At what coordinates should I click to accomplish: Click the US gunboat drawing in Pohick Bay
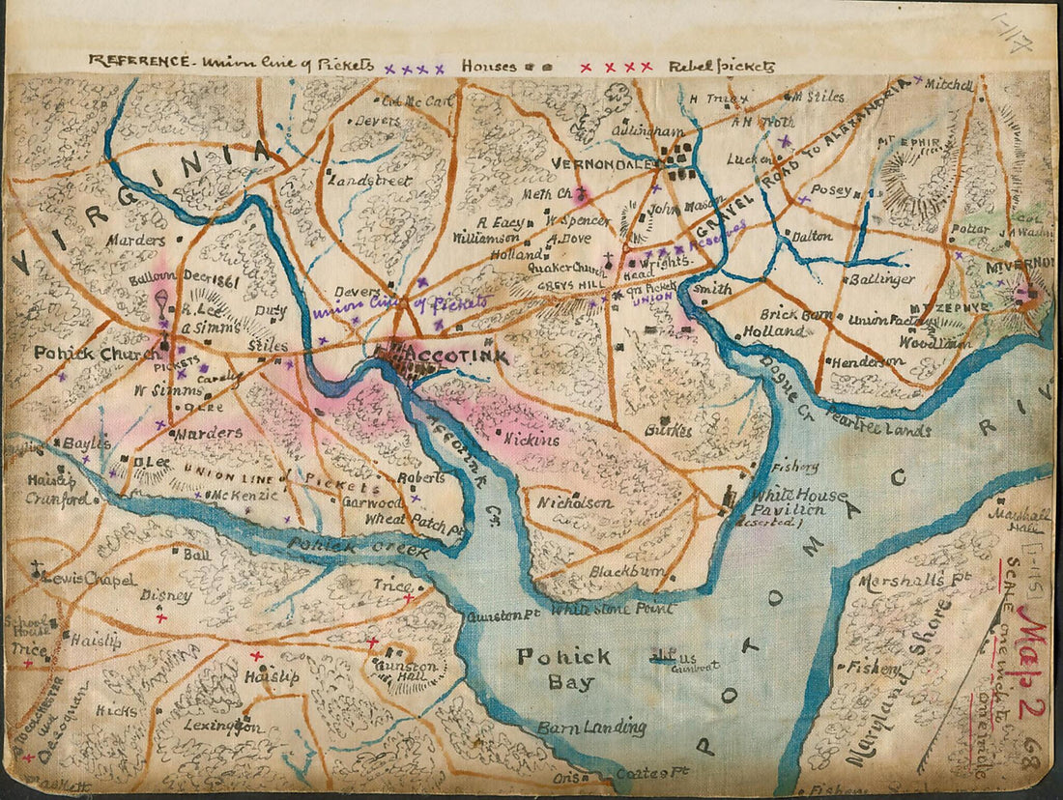pyautogui.click(x=665, y=657)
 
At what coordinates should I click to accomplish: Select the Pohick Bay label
pyautogui.click(x=563, y=670)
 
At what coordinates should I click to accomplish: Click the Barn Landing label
pyautogui.click(x=591, y=728)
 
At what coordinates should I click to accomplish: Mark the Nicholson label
pyautogui.click(x=575, y=503)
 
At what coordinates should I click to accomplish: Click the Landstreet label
pyautogui.click(x=371, y=181)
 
